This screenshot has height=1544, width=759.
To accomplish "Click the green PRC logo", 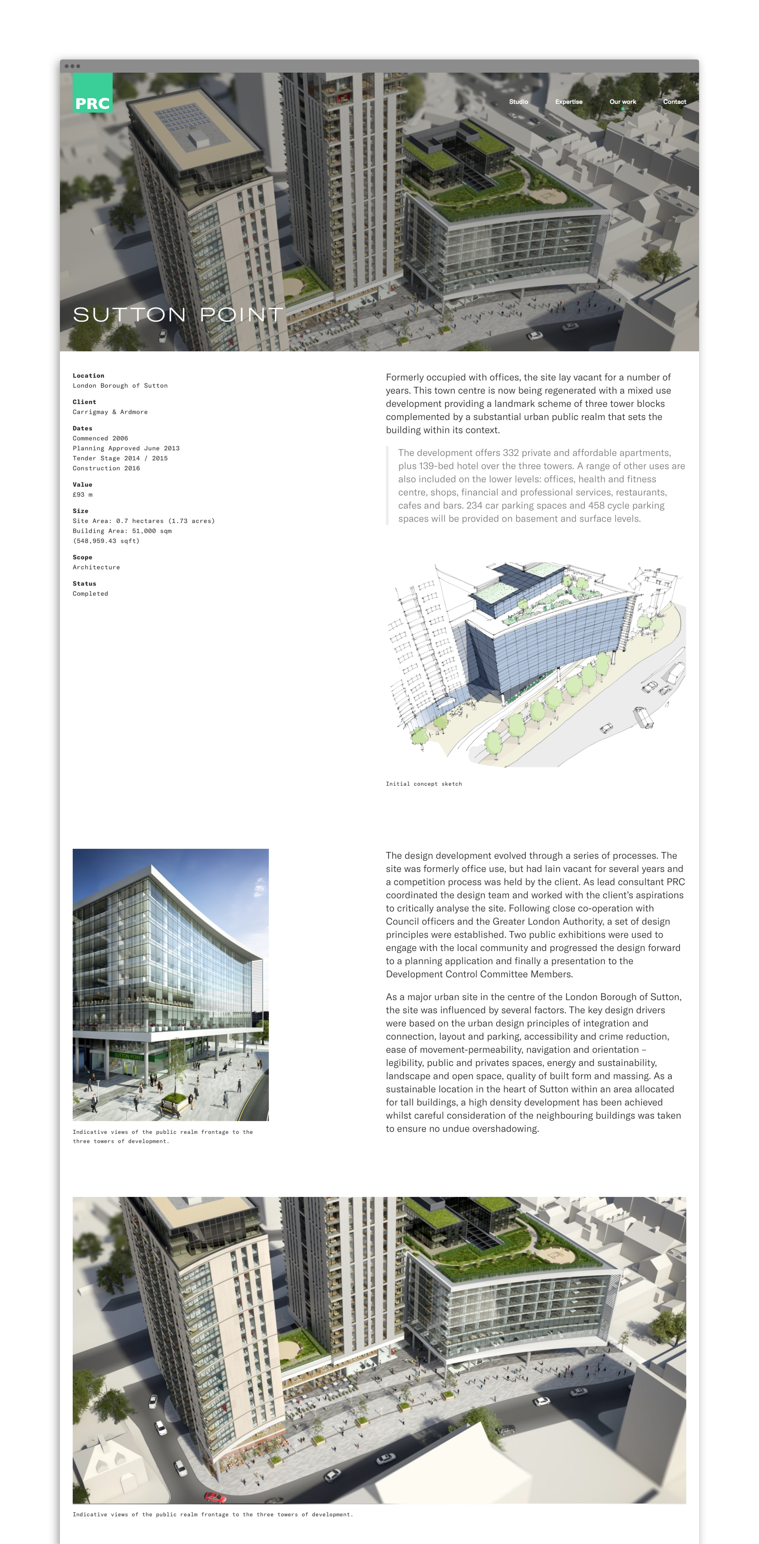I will pyautogui.click(x=92, y=93).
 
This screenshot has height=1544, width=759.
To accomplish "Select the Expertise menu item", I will pyautogui.click(x=568, y=102).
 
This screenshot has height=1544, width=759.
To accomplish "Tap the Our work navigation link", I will pyautogui.click(x=622, y=102).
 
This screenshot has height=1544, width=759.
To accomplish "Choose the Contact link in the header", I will pyautogui.click(x=674, y=102).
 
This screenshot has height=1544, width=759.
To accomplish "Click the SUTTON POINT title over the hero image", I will pyautogui.click(x=177, y=315).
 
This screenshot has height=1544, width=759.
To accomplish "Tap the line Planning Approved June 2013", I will pyautogui.click(x=126, y=448).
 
